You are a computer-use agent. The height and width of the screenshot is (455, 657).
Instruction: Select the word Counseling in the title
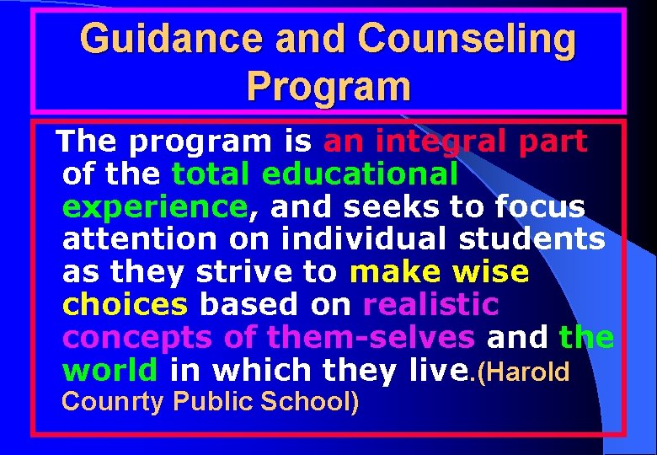(x=467, y=40)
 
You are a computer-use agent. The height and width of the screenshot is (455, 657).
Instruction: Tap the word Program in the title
(x=329, y=86)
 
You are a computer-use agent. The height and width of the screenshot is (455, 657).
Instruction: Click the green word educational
(x=361, y=174)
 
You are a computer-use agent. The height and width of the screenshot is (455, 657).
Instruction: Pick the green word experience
(x=153, y=206)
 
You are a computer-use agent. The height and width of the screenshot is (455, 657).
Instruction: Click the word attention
(x=139, y=239)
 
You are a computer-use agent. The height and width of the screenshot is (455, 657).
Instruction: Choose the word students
(x=531, y=239)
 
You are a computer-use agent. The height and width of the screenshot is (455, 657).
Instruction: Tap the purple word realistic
(x=430, y=305)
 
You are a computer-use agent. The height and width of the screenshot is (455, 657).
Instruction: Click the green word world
(x=109, y=371)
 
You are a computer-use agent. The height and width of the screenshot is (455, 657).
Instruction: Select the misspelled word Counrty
(x=113, y=402)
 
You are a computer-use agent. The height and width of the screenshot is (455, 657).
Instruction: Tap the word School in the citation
(x=304, y=402)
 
